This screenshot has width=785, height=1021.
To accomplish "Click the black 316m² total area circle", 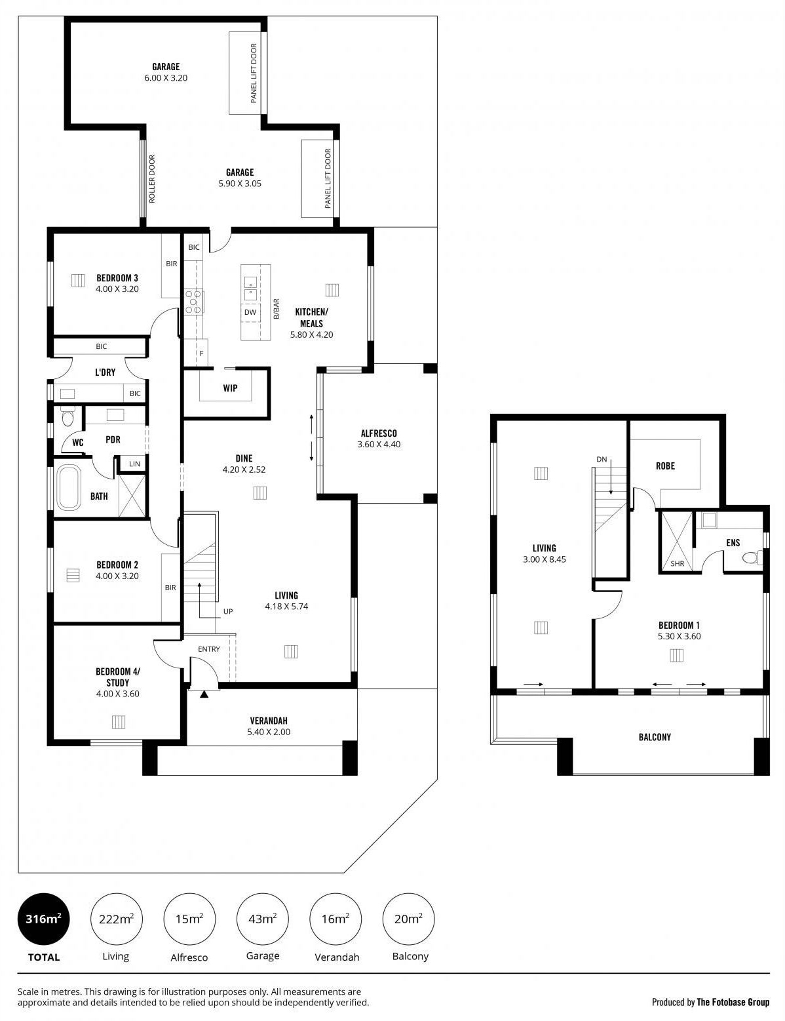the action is [44, 919].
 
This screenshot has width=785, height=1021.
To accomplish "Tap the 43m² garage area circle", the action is [263, 919].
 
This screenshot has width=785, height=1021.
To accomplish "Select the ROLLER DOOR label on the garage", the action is [151, 179].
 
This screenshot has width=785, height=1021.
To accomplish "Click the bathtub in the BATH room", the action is [69, 487].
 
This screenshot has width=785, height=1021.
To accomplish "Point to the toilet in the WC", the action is [67, 417].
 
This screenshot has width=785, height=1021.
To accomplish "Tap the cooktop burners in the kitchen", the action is [193, 302].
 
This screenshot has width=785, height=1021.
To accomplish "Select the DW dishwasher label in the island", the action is [250, 312].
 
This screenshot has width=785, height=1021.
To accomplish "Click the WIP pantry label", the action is [230, 388].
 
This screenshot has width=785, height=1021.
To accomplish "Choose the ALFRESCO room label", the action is [379, 433].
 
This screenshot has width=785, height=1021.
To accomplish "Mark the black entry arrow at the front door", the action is [204, 694].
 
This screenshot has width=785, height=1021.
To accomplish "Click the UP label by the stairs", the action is [228, 611].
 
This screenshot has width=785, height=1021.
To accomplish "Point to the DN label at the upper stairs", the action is [602, 459].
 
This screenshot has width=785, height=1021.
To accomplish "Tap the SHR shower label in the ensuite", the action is [678, 563].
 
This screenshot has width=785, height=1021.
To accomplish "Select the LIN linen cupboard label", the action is [134, 464].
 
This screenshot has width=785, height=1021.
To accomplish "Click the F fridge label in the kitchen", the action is [201, 353].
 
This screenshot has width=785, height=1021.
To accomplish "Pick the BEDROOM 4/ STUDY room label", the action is [118, 677].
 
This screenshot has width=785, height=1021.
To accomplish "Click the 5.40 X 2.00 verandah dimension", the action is [269, 732].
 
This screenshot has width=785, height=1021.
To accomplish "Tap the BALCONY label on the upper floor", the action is [655, 737].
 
